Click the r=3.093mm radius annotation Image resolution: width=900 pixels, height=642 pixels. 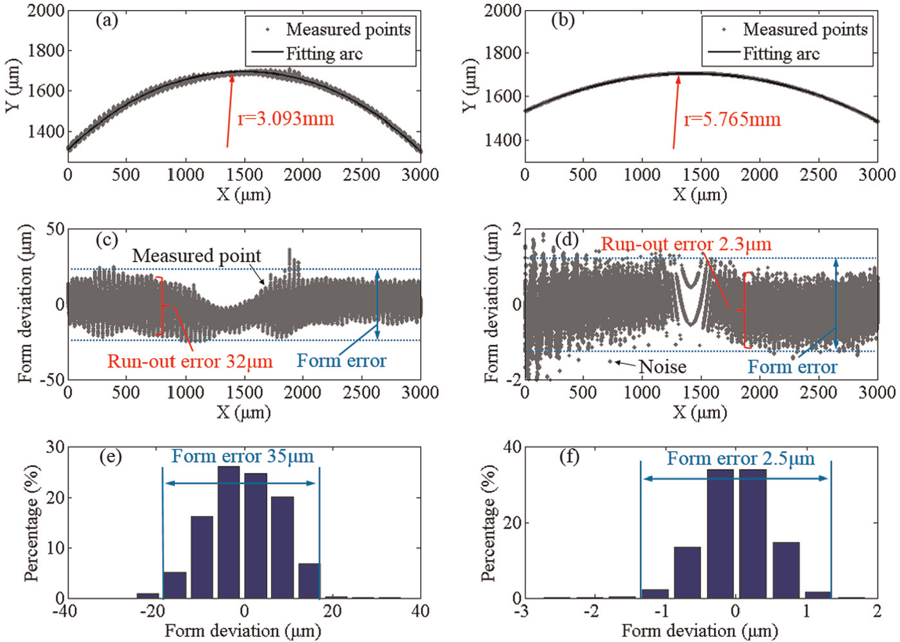coord(286,119)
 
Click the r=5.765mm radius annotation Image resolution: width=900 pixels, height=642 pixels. coord(732,119)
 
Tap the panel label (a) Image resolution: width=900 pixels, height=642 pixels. coord(106,21)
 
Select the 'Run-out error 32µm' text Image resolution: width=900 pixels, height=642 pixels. coord(190,361)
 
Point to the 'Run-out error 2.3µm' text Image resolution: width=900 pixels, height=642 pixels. coord(686,244)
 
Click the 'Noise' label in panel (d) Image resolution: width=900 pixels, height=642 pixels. coord(662,366)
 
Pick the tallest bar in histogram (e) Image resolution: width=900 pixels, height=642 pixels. coord(229,532)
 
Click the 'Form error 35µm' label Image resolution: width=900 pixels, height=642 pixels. coord(243,456)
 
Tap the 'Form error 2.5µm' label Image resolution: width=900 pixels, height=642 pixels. coord(741,458)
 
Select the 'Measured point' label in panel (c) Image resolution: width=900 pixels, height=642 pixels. coord(197,256)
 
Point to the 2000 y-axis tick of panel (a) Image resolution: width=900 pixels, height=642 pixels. coord(46,10)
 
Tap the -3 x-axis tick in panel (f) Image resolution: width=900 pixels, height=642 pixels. coord(522,611)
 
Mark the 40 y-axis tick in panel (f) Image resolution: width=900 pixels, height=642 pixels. coord(512,447)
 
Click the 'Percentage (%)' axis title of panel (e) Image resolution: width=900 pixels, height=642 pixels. coord(31,522)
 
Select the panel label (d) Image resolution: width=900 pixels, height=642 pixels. coord(566,240)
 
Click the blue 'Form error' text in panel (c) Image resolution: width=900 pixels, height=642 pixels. coord(341,361)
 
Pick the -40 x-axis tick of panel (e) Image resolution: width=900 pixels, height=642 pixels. coord(65,611)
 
